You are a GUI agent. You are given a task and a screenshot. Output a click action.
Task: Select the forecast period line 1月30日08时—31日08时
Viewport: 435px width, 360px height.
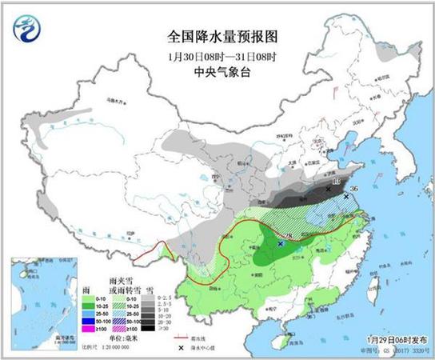pyautogui.click(x=217, y=56)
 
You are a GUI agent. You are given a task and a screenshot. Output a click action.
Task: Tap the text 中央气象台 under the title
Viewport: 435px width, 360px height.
pyautogui.click(x=217, y=73)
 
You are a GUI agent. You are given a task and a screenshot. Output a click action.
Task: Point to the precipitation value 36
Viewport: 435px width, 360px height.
pyautogui.click(x=355, y=189)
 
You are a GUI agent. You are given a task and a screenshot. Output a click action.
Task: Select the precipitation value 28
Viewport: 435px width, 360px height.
pyautogui.click(x=288, y=235)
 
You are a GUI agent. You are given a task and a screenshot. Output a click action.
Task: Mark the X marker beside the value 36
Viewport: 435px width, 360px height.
pyautogui.click(x=346, y=196)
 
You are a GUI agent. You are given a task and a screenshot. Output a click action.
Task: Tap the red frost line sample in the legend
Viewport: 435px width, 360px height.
pyautogui.click(x=186, y=338)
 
